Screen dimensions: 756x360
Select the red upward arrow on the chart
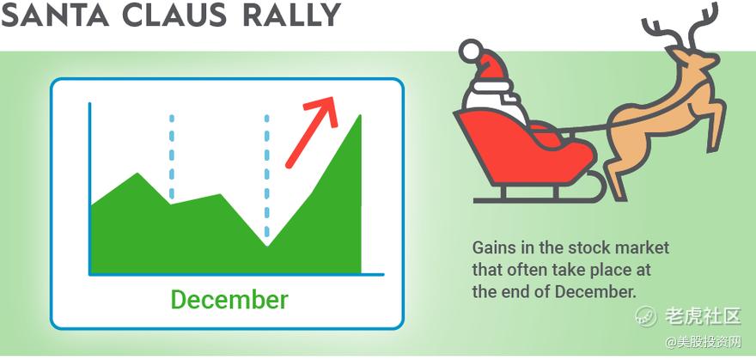(x=311, y=131)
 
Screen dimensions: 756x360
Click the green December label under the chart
(x=229, y=299)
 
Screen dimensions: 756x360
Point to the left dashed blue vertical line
(x=172, y=156)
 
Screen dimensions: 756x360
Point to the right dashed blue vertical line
(x=266, y=176)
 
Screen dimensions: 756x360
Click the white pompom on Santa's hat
(x=471, y=52)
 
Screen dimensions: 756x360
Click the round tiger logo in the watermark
(x=645, y=316)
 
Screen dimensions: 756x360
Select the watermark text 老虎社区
(x=703, y=316)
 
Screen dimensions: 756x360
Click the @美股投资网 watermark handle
(x=703, y=343)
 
